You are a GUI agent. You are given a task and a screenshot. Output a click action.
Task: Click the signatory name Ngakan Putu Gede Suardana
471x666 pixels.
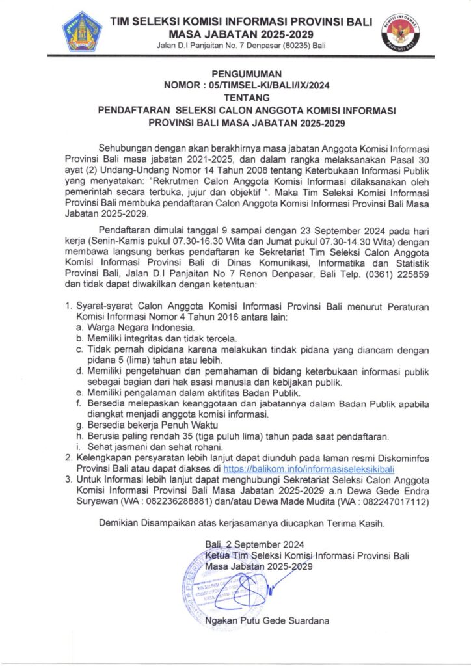(267, 621)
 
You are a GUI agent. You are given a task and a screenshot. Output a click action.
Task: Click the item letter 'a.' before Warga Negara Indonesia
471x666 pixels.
(79, 327)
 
